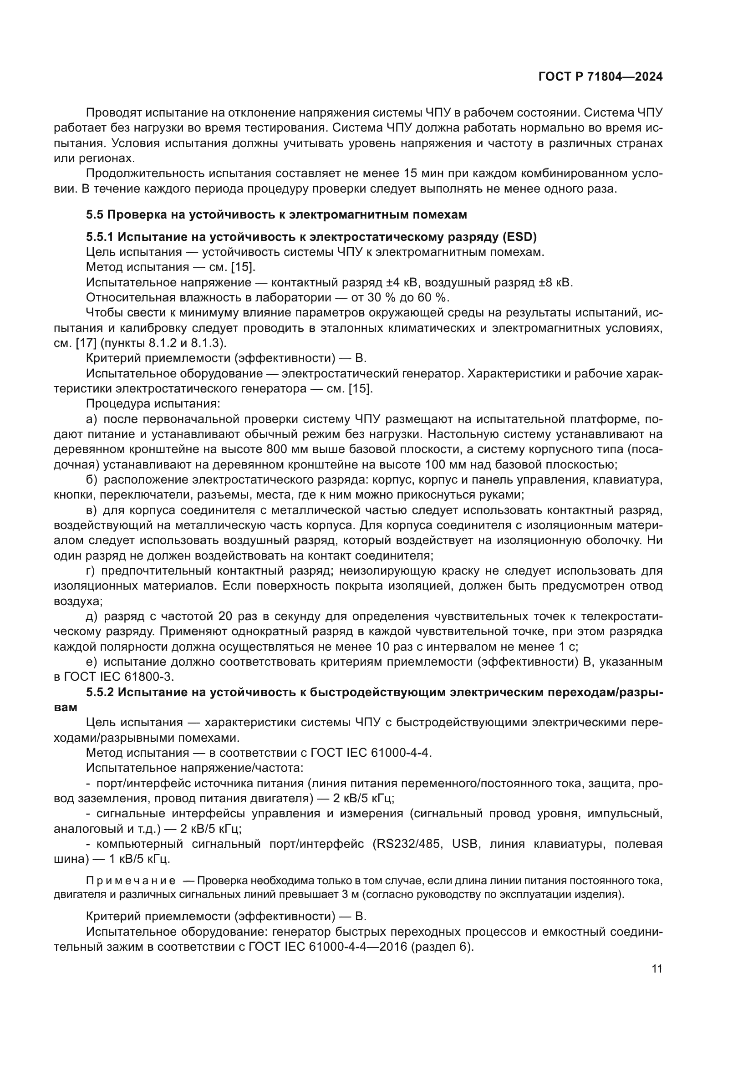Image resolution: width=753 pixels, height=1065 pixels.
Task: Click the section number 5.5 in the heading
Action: pyautogui.click(x=95, y=215)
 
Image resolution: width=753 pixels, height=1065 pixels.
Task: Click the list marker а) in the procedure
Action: pyautogui.click(x=92, y=419)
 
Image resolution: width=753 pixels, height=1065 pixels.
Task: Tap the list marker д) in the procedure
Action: pyautogui.click(x=92, y=617)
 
